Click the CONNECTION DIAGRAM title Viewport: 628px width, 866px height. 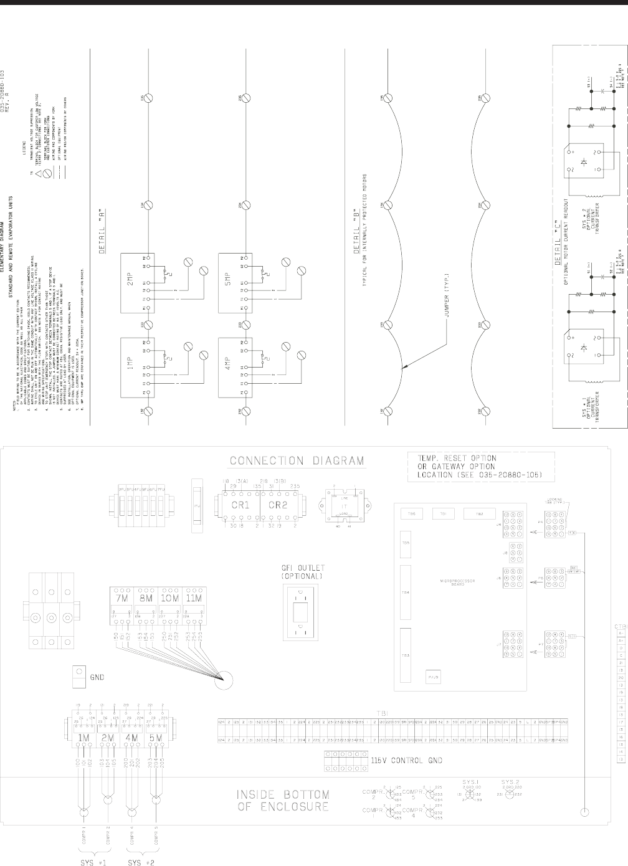point(297,461)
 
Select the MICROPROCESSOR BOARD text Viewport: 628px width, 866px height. point(457,582)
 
